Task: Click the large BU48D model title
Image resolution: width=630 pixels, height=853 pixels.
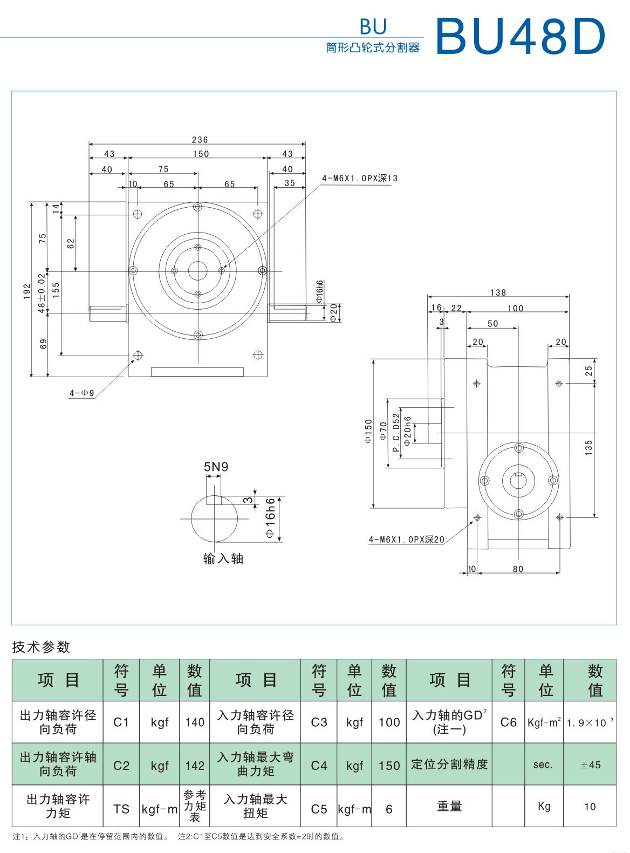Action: (521, 36)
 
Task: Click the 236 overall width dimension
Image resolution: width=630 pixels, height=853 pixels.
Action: (200, 140)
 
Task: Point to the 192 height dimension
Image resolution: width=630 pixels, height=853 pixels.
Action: (27, 291)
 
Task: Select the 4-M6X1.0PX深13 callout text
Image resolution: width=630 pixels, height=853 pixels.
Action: (360, 179)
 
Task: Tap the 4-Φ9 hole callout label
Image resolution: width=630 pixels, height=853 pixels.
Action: (81, 393)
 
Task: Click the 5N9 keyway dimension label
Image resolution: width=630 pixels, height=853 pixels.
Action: (216, 467)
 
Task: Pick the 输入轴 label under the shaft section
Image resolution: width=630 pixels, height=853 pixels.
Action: (223, 559)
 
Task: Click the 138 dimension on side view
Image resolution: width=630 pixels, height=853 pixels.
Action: (498, 292)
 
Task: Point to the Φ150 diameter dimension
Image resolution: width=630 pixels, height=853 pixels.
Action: (368, 431)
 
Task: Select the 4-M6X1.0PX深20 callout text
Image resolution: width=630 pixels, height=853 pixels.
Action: (407, 540)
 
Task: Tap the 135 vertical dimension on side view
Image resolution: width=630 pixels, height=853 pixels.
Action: (588, 448)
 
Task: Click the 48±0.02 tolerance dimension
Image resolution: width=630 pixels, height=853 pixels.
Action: (42, 292)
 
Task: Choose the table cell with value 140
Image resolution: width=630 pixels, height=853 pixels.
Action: (194, 722)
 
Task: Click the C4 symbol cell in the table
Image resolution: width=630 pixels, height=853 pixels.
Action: (319, 766)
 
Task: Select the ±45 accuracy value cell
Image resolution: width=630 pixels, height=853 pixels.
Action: (590, 765)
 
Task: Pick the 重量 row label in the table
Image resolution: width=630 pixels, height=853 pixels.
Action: (449, 807)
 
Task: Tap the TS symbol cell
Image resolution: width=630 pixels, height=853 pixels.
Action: (121, 809)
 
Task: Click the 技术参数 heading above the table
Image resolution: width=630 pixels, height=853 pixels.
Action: (42, 647)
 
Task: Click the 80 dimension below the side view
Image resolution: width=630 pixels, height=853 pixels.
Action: (518, 569)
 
